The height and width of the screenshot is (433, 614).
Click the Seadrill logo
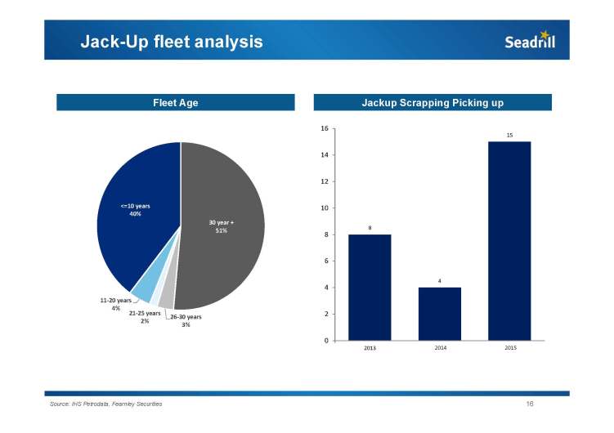tap(530, 41)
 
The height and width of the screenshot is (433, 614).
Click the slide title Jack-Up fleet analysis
tap(172, 42)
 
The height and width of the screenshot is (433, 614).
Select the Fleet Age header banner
tap(176, 103)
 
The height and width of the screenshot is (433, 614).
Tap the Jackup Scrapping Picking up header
tap(432, 103)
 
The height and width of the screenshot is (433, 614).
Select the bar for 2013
tap(370, 287)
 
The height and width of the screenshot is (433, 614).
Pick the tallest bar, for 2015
tap(509, 240)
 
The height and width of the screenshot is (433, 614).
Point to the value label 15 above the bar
tap(509, 135)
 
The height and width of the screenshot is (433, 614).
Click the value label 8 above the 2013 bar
tap(370, 228)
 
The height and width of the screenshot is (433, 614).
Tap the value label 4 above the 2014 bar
tap(439, 281)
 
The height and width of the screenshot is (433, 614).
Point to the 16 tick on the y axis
tap(325, 128)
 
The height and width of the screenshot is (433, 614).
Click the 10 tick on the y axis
tap(325, 208)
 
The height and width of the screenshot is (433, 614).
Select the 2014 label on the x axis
tap(439, 348)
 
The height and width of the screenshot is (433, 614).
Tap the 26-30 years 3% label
tap(186, 320)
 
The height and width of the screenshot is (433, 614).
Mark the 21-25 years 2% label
tap(145, 317)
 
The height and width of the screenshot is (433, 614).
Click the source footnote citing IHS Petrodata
tap(106, 405)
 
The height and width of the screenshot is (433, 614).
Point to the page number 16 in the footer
tap(530, 404)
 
